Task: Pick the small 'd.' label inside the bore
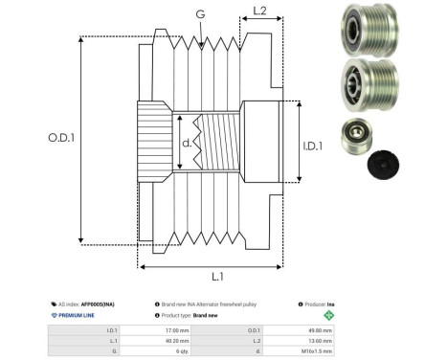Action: point(187,145)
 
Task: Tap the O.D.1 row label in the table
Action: point(269,330)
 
